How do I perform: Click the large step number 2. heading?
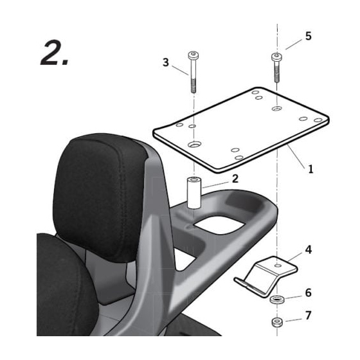point(55,53)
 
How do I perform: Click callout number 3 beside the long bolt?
point(166,62)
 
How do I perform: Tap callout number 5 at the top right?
point(309,36)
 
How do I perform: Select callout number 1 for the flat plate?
point(310,169)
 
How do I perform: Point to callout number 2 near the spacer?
point(235,179)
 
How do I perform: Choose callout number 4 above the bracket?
point(309,249)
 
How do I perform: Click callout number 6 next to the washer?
point(309,292)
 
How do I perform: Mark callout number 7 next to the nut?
point(309,315)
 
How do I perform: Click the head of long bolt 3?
point(194,55)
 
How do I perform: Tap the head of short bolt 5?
point(277,57)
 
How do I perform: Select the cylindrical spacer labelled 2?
point(194,193)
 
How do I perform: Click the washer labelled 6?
point(277,300)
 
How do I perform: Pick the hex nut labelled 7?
point(277,322)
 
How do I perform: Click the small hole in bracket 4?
point(278,265)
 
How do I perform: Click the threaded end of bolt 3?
point(194,85)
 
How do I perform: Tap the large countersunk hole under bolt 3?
point(194,145)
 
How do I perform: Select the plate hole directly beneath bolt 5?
point(277,109)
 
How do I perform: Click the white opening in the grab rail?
point(219,224)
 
